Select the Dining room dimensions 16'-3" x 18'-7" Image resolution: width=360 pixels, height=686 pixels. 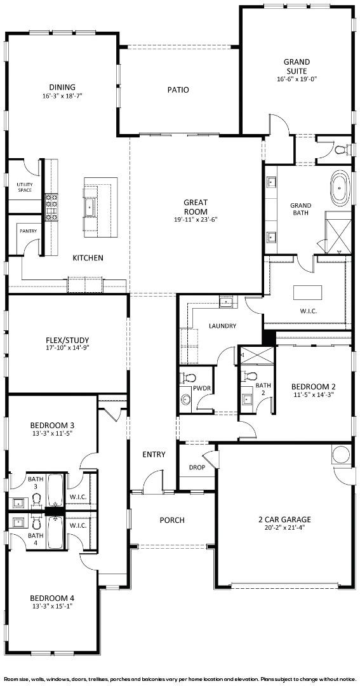click(62, 95)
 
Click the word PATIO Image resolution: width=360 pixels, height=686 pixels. click(178, 90)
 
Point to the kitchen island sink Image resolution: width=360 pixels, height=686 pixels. click(91, 207)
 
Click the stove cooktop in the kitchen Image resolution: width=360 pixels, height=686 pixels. click(51, 206)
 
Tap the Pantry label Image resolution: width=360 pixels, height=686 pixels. click(28, 231)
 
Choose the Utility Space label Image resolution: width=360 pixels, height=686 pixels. click(25, 187)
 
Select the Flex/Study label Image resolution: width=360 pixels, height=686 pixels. click(67, 340)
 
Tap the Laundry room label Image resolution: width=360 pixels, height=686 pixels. click(223, 326)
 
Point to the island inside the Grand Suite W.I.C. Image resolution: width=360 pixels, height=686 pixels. click(307, 292)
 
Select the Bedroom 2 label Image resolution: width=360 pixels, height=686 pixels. click(314, 387)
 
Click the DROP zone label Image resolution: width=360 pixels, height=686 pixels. click(197, 467)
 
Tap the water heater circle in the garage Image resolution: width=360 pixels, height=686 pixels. click(341, 455)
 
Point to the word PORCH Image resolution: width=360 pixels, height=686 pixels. click(172, 520)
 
